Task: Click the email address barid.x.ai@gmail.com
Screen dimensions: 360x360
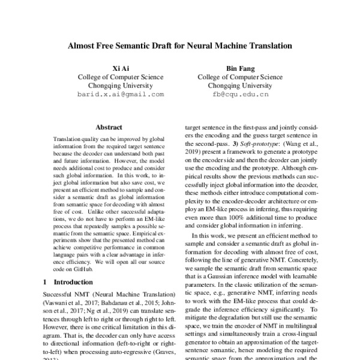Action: [120, 95]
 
